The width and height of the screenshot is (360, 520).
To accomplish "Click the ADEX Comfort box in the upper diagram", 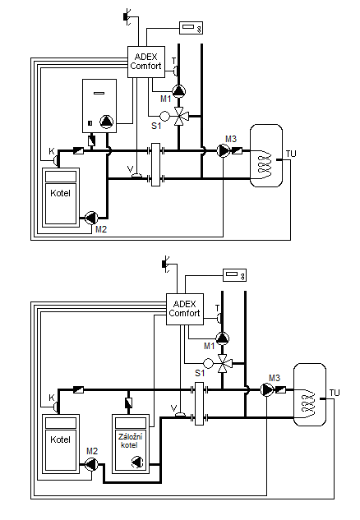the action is pos(146,62).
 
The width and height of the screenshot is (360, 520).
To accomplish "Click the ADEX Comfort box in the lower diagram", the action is pos(185,309).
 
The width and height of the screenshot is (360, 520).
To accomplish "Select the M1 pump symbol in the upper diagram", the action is pos(179,91).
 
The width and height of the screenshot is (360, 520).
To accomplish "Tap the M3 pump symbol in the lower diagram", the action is pos(267,390).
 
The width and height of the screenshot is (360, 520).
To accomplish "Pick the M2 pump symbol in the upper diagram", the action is pos(91,218).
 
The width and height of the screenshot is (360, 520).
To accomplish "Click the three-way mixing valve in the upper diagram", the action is pos(179,116).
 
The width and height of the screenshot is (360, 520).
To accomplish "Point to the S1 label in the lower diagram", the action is pos(200,373).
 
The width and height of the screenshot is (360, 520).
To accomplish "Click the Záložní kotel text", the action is pos(130,441).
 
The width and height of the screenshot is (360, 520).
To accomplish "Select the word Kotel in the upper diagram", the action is pos(60,193).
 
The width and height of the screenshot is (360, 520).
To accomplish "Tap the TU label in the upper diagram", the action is pos(291,154).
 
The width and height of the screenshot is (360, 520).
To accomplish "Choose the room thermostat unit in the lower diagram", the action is pos(234,275).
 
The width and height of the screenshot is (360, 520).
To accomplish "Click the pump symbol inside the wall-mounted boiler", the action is pos(107,122).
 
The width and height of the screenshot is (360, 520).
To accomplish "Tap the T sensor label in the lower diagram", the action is pos(218,308).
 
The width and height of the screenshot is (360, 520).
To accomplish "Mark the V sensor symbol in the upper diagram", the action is pos(136,176).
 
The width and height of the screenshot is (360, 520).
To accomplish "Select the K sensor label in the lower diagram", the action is pos(52,398).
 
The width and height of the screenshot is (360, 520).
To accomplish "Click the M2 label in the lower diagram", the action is pos(92,451).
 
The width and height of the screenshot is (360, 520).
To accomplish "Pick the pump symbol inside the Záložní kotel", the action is pos(137,462).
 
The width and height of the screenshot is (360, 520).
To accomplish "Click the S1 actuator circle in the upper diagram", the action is pos(164,116).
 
